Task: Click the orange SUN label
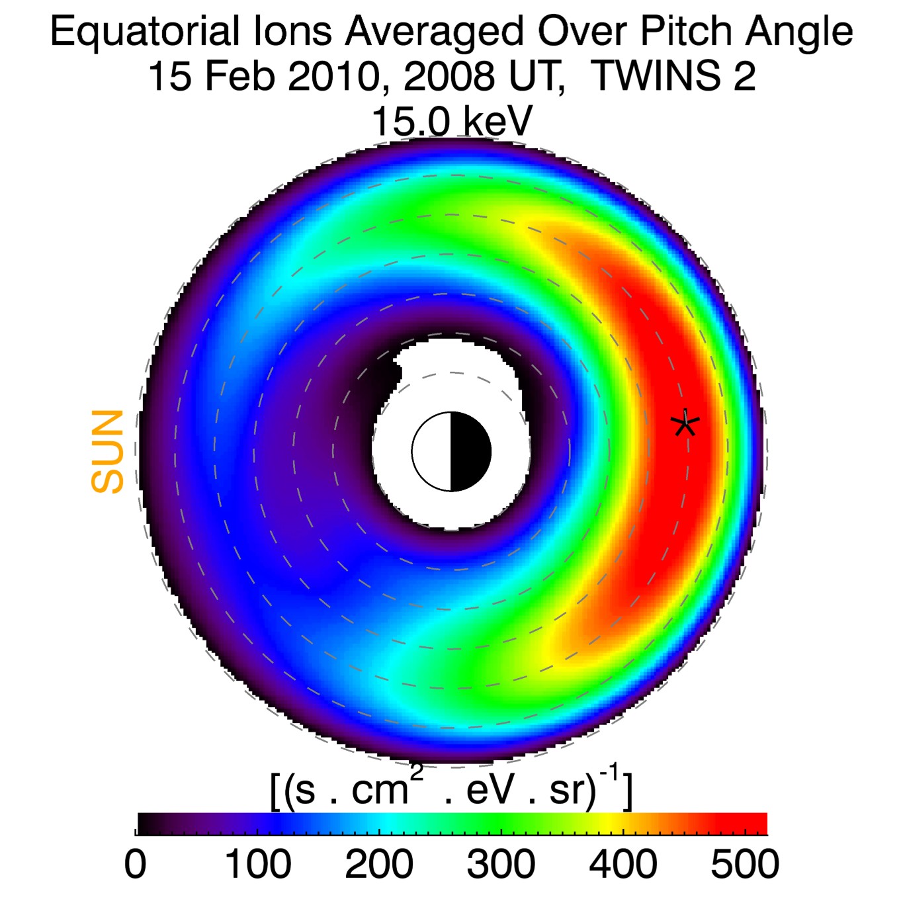pyautogui.click(x=108, y=452)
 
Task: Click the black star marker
pyautogui.click(x=685, y=423)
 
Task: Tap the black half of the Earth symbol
pyautogui.click(x=470, y=452)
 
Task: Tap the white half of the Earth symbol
pyautogui.click(x=432, y=452)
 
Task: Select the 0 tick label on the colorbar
pyautogui.click(x=136, y=864)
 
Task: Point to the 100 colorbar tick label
pyautogui.click(x=258, y=864)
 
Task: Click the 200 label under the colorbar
pyautogui.click(x=379, y=864)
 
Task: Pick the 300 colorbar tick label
pyautogui.click(x=501, y=864)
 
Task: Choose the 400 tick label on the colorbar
pyautogui.click(x=623, y=864)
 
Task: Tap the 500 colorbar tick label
pyautogui.click(x=745, y=864)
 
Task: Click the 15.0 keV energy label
pyautogui.click(x=452, y=121)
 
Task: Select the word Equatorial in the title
pyautogui.click(x=144, y=32)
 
